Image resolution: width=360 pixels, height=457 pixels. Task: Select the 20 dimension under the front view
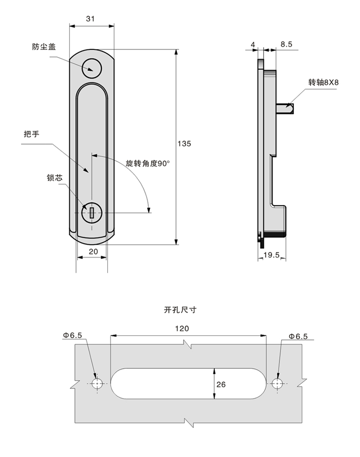93,251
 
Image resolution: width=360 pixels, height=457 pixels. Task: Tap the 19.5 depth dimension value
272,255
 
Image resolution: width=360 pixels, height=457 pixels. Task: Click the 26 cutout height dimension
221,384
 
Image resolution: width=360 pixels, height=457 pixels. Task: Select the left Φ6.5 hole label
73,335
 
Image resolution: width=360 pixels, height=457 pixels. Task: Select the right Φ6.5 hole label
298,336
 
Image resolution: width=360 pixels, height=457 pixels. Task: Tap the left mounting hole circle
97,383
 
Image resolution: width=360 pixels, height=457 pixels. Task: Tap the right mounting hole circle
278,383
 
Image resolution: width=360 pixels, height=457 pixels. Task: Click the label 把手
31,134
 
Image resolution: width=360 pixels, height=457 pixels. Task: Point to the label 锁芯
54,178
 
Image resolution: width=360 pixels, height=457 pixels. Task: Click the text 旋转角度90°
147,163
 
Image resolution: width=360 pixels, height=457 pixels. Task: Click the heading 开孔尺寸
180,310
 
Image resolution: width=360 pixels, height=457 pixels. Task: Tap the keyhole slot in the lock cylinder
92,213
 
